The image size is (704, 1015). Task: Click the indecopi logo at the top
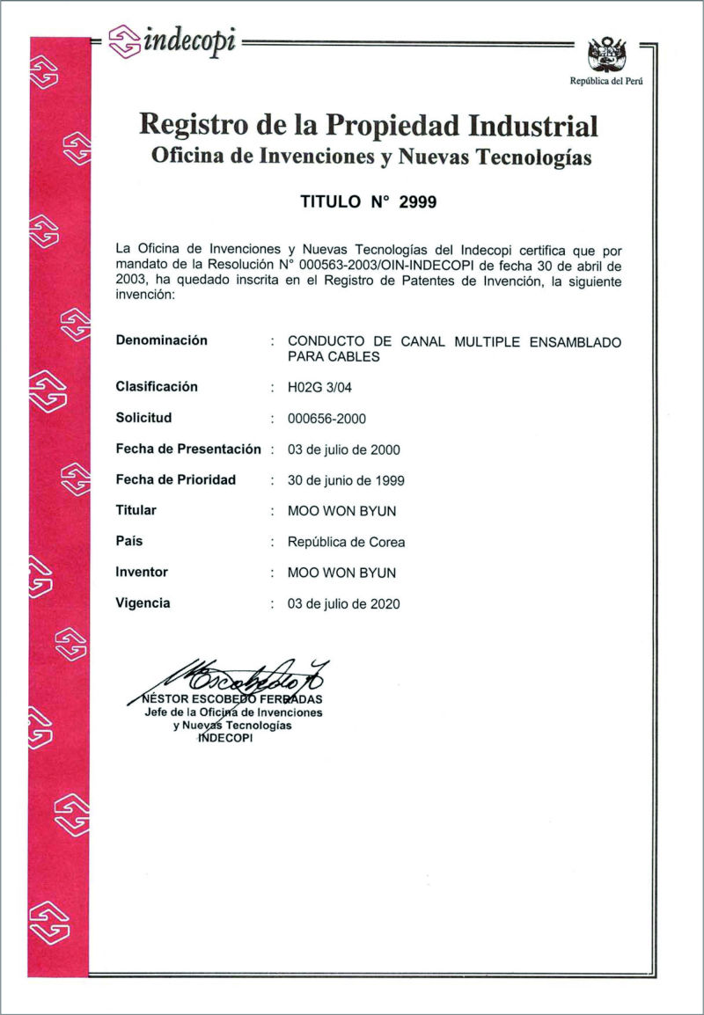tap(172, 40)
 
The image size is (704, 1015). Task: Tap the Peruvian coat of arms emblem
tap(606, 55)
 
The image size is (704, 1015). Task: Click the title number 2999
tap(418, 201)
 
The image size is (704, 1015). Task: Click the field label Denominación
tap(162, 340)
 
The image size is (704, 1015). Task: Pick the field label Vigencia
tap(143, 603)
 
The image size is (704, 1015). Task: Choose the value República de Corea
tap(346, 542)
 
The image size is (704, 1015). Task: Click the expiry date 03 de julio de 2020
tap(343, 604)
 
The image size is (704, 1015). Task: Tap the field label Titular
tap(136, 510)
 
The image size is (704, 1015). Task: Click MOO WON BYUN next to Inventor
tap(341, 573)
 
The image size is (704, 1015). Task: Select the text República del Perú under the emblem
tap(606, 81)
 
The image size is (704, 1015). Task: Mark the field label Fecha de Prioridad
tap(176, 480)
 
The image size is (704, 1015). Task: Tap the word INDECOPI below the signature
tap(225, 738)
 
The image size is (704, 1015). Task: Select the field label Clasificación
tap(157, 387)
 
